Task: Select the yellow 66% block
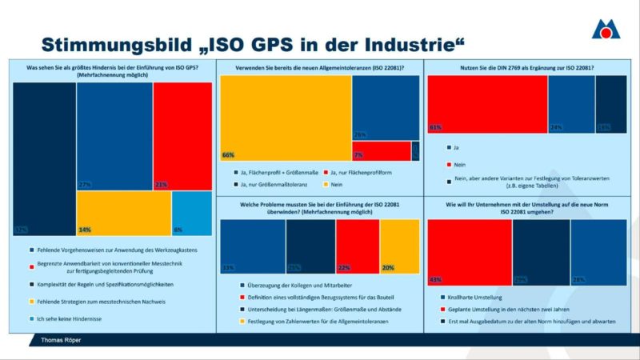[286, 118]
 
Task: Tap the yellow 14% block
[124, 214]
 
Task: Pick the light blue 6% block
[192, 214]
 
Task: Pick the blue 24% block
[571, 104]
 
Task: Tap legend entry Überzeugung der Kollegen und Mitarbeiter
[293, 286]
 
